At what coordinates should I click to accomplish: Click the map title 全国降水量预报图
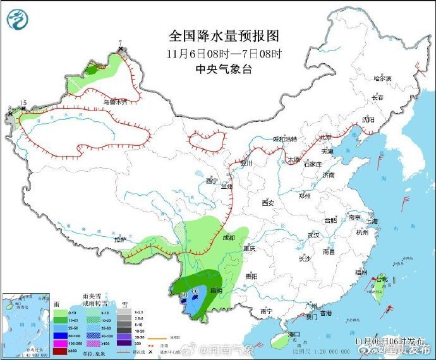[224, 35]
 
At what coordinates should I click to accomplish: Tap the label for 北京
[325, 137]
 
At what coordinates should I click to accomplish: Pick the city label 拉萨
[120, 240]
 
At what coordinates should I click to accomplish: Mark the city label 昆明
[216, 290]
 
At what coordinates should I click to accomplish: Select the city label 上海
[371, 221]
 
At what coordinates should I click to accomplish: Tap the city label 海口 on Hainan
[293, 333]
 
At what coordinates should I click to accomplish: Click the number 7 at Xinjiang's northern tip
[120, 43]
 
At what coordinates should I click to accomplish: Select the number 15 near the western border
[23, 102]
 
